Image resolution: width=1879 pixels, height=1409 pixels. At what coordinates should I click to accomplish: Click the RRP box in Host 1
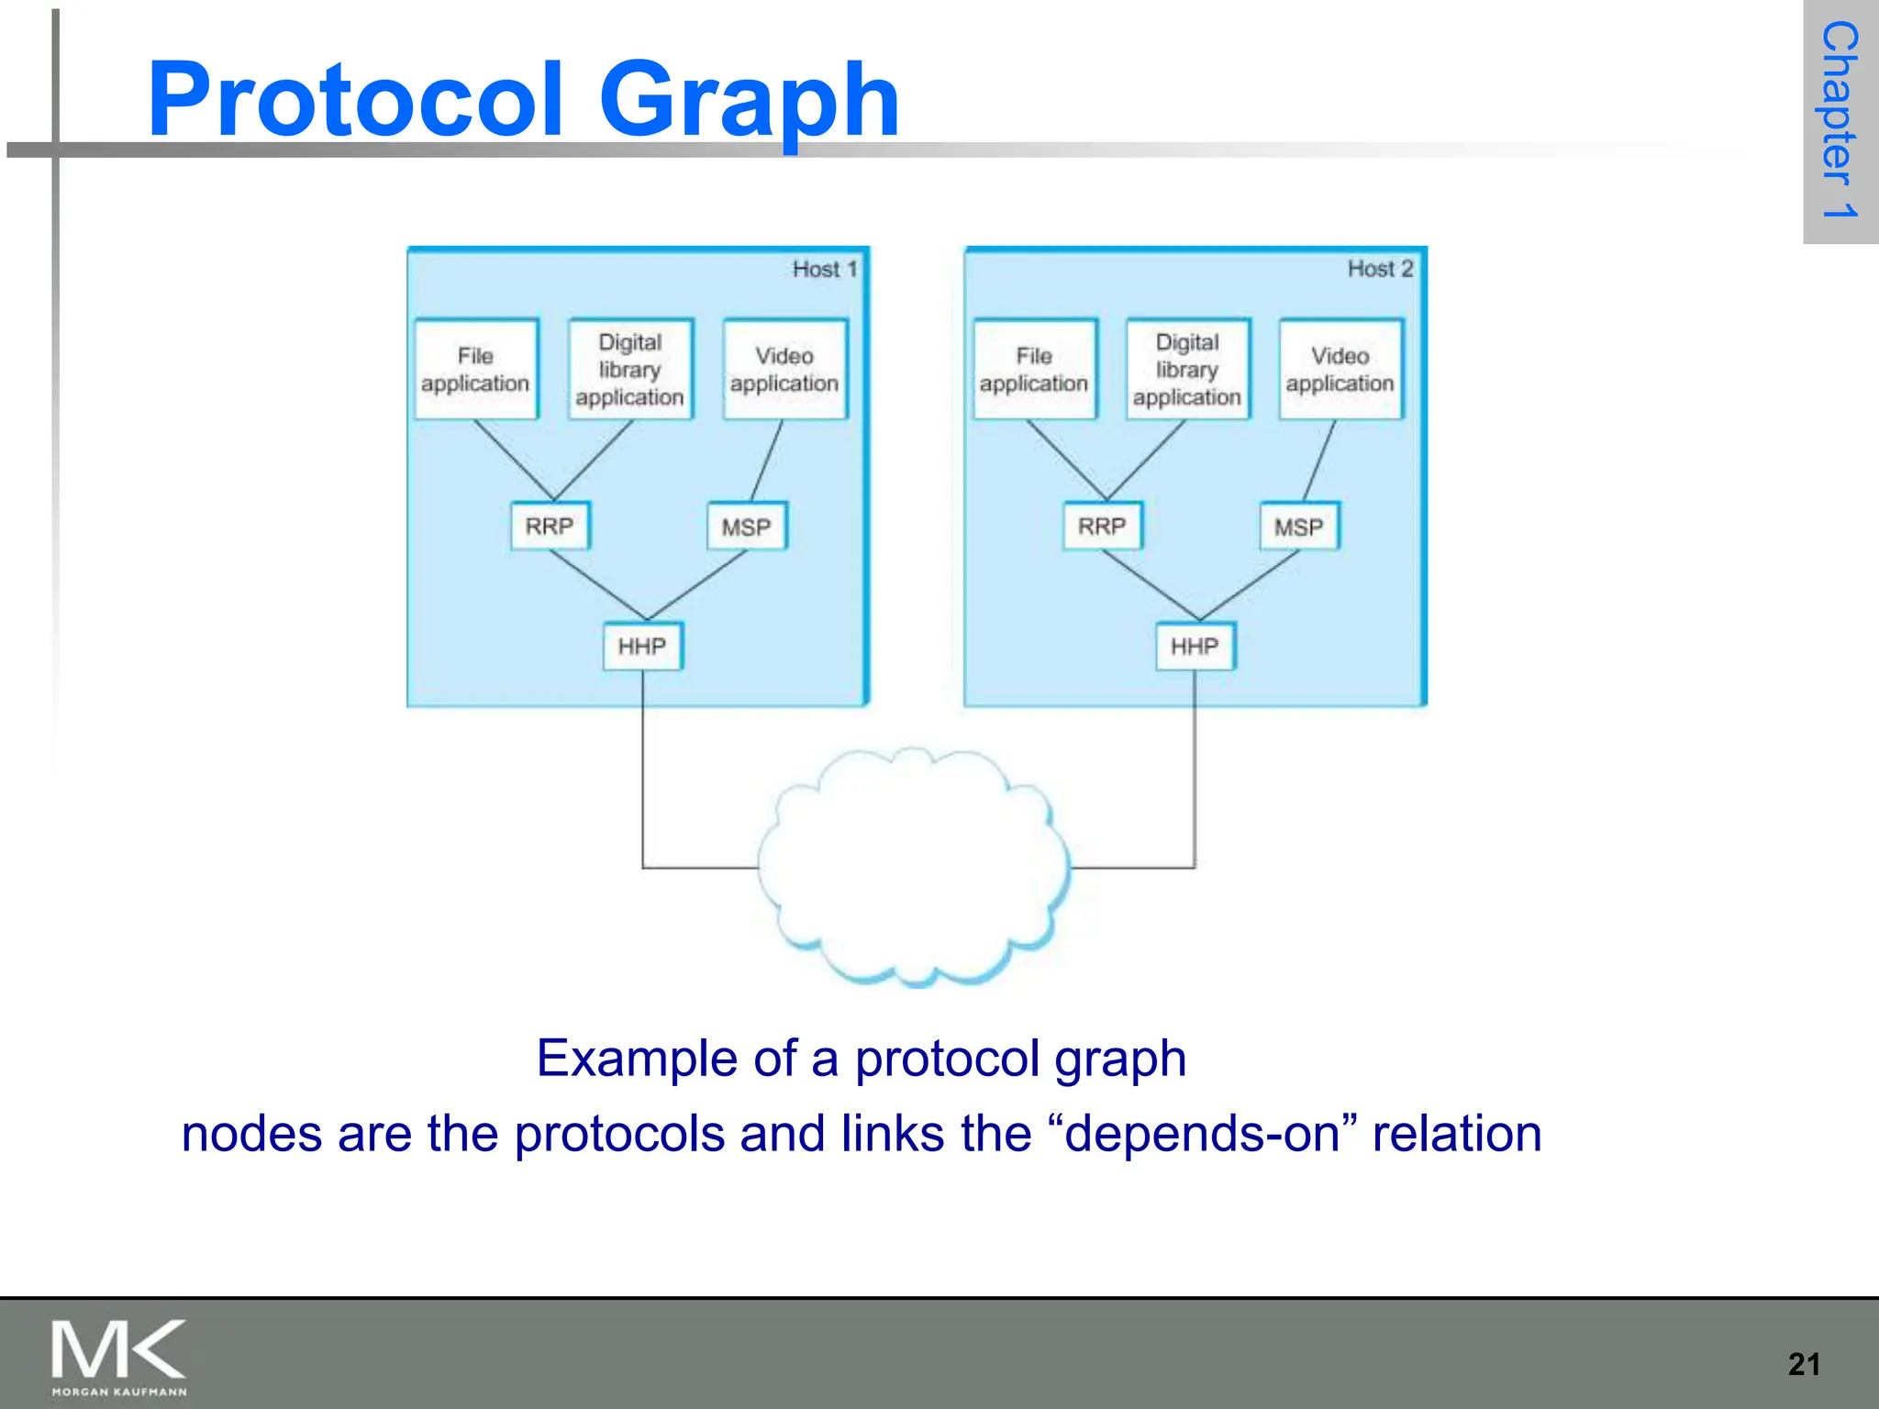tap(550, 526)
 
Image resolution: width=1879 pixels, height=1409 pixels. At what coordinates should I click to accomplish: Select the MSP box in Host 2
tap(1299, 527)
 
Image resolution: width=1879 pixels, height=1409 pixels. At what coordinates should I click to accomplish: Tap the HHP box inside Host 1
tap(642, 646)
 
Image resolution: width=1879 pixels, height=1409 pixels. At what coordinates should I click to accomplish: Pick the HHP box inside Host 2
tap(1195, 646)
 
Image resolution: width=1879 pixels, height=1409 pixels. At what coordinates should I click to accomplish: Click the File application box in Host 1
tap(475, 370)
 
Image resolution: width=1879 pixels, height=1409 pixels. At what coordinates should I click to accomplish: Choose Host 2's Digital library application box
tap(1187, 370)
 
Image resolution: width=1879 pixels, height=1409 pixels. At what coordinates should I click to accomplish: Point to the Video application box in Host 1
tap(784, 370)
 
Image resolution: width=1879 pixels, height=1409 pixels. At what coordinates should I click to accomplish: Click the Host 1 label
tap(824, 269)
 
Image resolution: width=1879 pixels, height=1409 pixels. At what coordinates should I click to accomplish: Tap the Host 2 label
tap(1380, 269)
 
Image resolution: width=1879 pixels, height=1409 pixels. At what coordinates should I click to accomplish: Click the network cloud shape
tap(913, 867)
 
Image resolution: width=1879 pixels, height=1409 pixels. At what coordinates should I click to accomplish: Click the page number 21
tap(1804, 1364)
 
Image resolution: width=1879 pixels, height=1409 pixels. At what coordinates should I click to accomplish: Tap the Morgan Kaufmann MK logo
tap(119, 1356)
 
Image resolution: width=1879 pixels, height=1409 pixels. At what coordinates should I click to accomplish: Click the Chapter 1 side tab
tap(1840, 119)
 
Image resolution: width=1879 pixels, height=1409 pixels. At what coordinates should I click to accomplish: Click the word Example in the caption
tap(635, 1059)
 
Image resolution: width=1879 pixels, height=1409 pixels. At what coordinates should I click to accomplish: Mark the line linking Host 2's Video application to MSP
tap(1319, 461)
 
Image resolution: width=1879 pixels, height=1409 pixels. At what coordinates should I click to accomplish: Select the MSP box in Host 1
tap(746, 527)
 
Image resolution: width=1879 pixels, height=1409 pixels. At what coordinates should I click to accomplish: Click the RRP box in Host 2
tap(1102, 526)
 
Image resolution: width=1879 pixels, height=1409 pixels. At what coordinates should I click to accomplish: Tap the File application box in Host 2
tap(1034, 370)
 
